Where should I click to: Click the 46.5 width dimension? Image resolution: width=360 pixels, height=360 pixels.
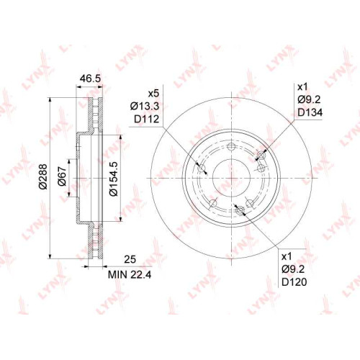(x=90, y=78)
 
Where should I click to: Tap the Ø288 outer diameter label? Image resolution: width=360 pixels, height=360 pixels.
(x=44, y=176)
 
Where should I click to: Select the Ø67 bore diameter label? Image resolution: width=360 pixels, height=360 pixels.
(x=62, y=176)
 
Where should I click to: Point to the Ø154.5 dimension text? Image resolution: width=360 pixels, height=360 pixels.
(x=113, y=179)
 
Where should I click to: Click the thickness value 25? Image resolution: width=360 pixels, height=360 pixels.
(x=130, y=259)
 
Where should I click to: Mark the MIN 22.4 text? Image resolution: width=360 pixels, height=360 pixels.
(x=130, y=274)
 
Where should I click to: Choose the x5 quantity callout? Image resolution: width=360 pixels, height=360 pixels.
(x=153, y=94)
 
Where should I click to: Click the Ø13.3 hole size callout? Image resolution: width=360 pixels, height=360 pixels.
(x=145, y=106)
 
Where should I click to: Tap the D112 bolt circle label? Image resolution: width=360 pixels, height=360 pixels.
(x=146, y=119)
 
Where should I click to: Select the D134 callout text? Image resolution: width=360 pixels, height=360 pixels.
(x=310, y=112)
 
